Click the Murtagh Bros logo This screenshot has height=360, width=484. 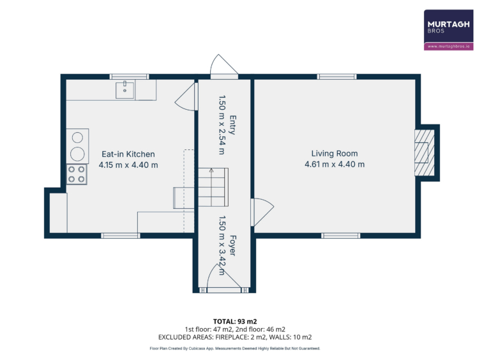pyautogui.click(x=448, y=30)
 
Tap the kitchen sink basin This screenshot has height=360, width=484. pyautogui.click(x=125, y=91)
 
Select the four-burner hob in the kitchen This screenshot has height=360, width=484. pyautogui.click(x=77, y=174)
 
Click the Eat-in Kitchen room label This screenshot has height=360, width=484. pyautogui.click(x=128, y=154)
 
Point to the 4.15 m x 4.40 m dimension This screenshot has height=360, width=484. pyautogui.click(x=128, y=165)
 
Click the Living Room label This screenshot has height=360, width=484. pyautogui.click(x=335, y=153)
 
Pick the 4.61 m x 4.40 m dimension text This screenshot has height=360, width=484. pyautogui.click(x=335, y=164)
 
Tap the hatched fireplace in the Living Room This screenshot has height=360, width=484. pyautogui.click(x=425, y=153)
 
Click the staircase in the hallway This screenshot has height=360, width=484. pyautogui.click(x=213, y=187)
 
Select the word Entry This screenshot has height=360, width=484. pyautogui.click(x=232, y=125)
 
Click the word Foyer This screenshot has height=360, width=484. pyautogui.click(x=232, y=245)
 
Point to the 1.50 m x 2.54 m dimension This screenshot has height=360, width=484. pyautogui.click(x=222, y=124)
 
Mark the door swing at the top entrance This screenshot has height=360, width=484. pyautogui.click(x=224, y=64)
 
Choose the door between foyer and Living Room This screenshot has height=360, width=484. pyautogui.click(x=262, y=212)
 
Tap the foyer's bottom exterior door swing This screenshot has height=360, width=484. pyautogui.click(x=223, y=276)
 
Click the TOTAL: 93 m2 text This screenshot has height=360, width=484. pyautogui.click(x=235, y=322)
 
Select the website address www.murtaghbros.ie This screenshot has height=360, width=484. pyautogui.click(x=448, y=46)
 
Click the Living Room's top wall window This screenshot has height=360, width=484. pyautogui.click(x=337, y=77)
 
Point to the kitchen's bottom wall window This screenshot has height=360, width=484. pyautogui.click(x=121, y=236)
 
